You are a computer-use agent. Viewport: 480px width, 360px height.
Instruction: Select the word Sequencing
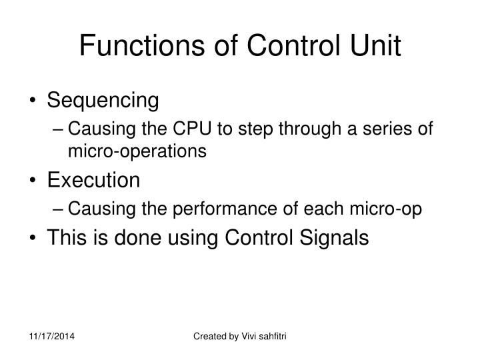coord(103,101)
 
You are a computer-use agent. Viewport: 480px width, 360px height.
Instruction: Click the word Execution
coord(93,180)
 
